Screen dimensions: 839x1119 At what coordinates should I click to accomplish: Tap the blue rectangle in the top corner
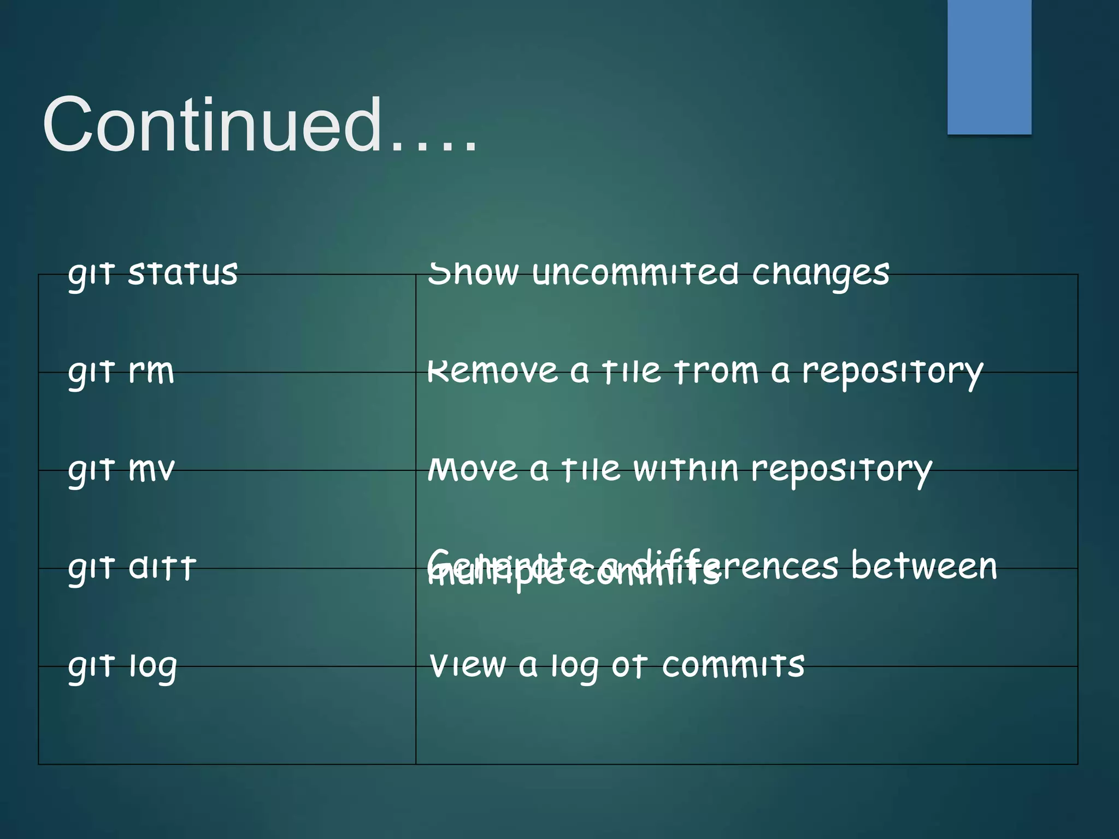989,67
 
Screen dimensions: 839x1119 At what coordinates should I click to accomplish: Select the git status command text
153,274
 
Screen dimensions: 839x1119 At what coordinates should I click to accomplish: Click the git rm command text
121,372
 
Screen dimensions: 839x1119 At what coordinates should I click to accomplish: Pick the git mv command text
121,470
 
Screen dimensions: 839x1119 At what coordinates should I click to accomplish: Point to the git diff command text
132,568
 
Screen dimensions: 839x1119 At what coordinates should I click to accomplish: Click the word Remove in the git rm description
492,371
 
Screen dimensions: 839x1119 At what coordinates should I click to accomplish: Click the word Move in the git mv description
473,469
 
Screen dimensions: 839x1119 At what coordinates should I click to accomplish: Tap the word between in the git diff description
923,565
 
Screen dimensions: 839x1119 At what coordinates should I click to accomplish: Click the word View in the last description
468,665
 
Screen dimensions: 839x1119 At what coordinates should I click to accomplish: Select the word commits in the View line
733,665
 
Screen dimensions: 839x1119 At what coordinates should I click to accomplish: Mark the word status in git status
182,274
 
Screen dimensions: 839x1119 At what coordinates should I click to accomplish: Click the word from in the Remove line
716,371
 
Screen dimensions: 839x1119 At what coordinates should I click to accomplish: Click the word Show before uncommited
473,273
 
